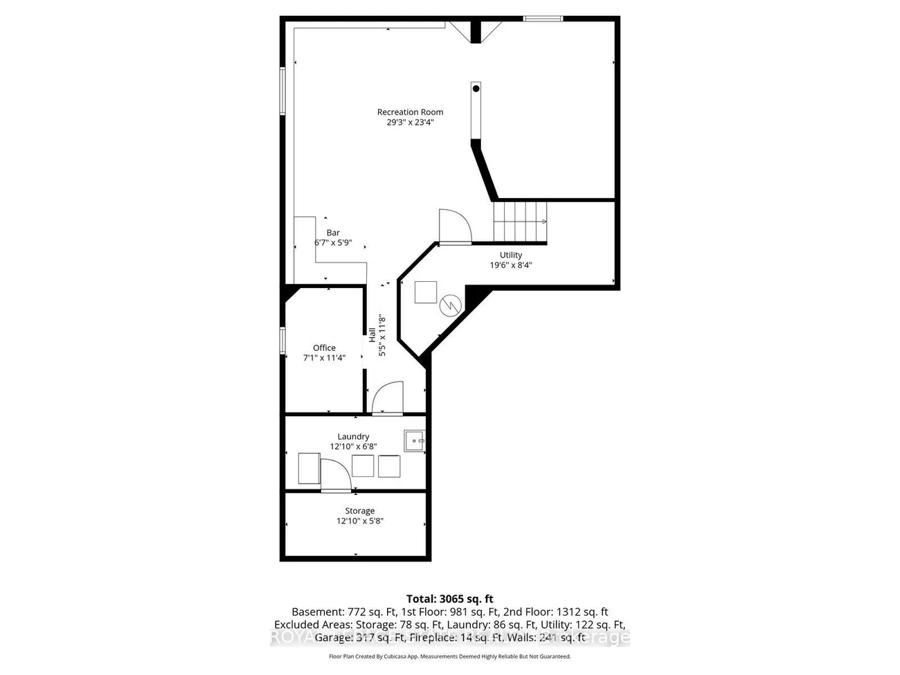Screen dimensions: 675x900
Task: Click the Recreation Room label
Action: [410, 112]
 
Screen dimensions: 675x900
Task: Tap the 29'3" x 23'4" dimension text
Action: [410, 123]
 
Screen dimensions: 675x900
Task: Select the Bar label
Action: [333, 233]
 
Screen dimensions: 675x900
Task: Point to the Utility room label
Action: [511, 255]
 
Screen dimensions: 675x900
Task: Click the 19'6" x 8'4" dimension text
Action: [511, 265]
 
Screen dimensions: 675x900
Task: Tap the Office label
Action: [324, 348]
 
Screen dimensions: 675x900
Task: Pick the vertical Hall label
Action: [372, 335]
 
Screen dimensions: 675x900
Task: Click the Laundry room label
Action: [353, 437]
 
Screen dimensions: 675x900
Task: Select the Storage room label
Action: [359, 512]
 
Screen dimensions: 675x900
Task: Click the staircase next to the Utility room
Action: [521, 222]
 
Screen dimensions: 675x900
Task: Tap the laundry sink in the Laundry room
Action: [415, 440]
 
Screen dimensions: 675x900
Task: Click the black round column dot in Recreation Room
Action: [476, 89]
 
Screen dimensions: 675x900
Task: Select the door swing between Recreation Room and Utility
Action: [453, 226]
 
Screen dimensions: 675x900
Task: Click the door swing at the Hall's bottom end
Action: [386, 398]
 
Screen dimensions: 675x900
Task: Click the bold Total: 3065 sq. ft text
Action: [449, 599]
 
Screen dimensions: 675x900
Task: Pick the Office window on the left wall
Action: [282, 340]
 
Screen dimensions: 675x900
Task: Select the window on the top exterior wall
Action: [542, 19]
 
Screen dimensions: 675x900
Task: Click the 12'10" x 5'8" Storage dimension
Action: [359, 521]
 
